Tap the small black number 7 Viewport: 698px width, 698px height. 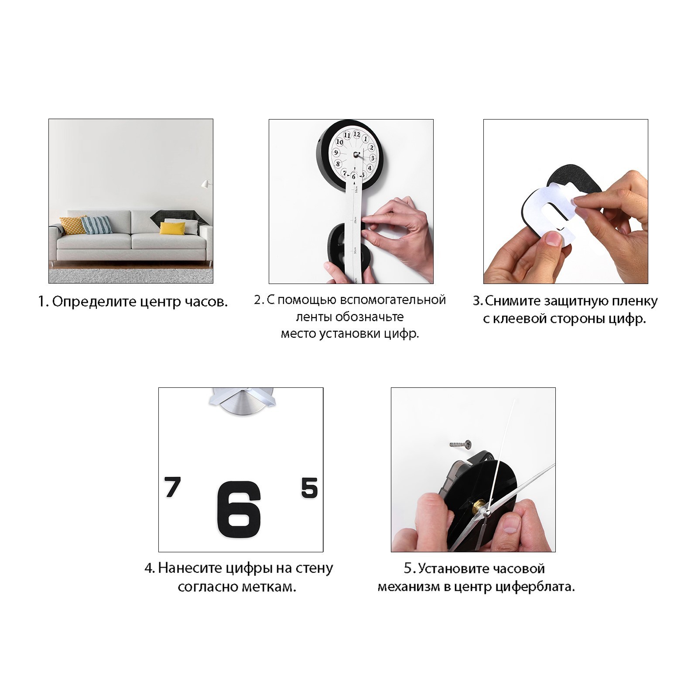click(173, 487)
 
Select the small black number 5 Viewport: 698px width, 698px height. click(309, 488)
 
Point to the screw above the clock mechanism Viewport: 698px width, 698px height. click(460, 444)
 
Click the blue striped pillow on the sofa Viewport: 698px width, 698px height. click(96, 225)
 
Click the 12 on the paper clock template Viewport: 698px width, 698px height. click(357, 134)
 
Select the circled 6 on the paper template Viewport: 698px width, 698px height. click(354, 176)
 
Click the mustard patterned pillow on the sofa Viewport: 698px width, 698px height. click(73, 225)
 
